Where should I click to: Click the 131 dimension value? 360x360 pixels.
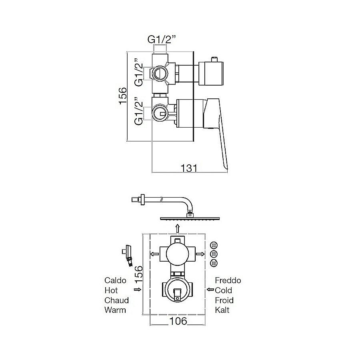pos(189,168)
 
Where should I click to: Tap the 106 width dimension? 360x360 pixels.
pos(178,321)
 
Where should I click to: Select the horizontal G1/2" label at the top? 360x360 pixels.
pos(162,40)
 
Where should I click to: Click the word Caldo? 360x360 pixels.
pos(115,280)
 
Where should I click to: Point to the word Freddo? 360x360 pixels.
pos(228,280)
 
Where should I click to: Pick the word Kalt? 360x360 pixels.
pos(222,310)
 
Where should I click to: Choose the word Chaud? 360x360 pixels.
pos(116,300)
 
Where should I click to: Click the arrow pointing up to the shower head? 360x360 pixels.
pos(177,228)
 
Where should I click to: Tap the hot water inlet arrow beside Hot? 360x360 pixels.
pos(138,290)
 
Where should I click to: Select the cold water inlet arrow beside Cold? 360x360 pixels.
pos(210,290)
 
